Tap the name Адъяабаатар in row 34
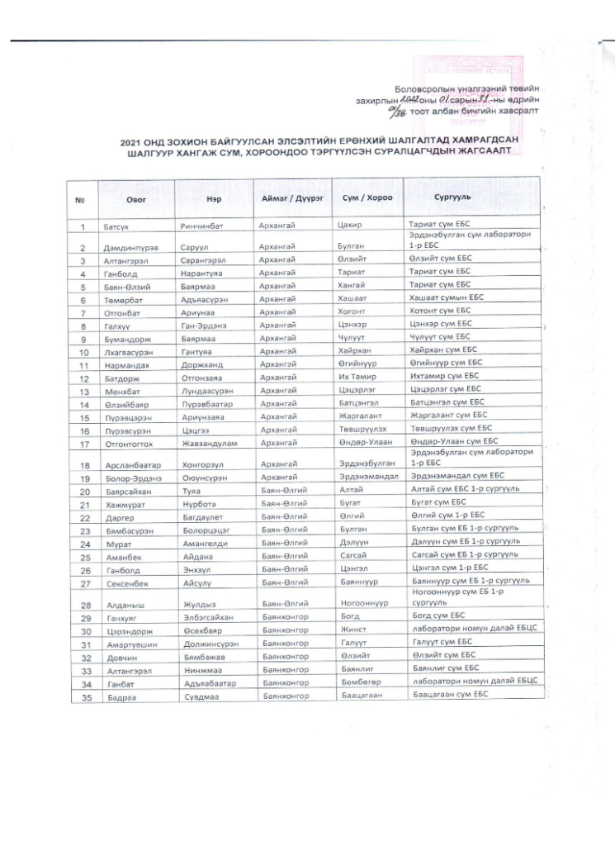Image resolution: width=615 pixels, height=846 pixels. coord(208,683)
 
